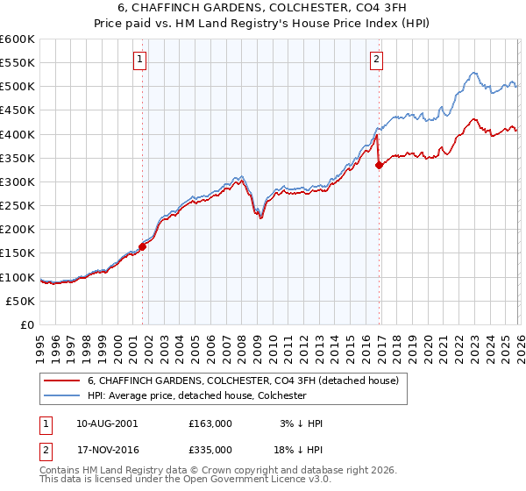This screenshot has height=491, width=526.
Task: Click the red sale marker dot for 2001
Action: point(142,246)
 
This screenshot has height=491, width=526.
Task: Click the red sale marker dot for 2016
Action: point(379,165)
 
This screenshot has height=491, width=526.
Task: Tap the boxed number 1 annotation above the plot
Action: point(140,60)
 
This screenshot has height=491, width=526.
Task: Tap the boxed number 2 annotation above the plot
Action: point(376,60)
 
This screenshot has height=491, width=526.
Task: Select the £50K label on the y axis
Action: point(21,301)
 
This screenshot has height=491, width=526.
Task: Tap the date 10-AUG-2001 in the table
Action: point(107,423)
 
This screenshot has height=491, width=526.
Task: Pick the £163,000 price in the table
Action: point(210,423)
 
